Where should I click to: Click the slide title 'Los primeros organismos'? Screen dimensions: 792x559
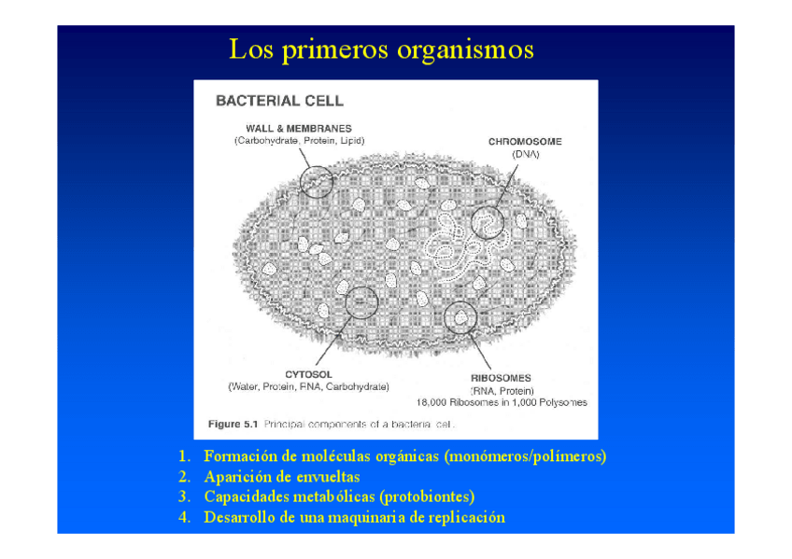click(381, 49)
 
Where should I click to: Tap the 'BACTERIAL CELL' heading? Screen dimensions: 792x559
click(279, 101)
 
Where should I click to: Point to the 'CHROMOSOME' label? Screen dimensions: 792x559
click(525, 142)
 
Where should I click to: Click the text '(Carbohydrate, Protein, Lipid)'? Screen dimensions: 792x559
click(299, 141)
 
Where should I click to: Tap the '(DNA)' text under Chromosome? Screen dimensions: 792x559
click(525, 155)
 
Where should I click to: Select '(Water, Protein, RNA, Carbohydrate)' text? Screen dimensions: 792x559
click(309, 386)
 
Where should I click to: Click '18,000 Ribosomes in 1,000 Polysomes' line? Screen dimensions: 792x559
click(502, 403)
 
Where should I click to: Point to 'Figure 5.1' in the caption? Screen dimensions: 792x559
click(233, 424)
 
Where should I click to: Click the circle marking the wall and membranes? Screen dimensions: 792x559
click(318, 179)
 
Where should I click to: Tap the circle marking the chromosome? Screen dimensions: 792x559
click(487, 222)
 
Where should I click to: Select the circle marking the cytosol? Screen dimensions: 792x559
click(361, 300)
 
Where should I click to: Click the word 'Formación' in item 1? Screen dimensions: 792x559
click(239, 457)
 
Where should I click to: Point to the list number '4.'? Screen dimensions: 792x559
click(185, 518)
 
